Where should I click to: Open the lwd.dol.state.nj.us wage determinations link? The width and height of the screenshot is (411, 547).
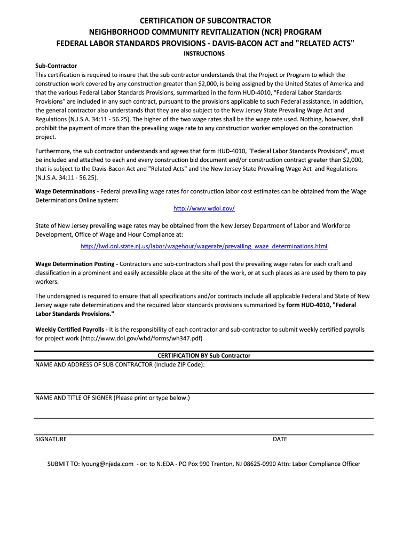[204, 246]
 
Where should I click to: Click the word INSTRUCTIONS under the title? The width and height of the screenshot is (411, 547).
[204, 54]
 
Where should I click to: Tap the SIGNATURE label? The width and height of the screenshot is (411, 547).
[51, 439]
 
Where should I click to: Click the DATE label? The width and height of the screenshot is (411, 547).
[280, 439]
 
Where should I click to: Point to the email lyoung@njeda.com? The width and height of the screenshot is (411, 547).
[107, 464]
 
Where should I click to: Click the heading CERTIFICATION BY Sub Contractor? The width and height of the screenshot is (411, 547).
[204, 356]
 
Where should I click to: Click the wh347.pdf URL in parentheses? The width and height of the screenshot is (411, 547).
[141, 339]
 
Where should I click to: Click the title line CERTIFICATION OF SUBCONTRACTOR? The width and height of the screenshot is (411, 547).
[205, 21]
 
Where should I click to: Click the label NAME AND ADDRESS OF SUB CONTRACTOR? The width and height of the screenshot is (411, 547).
[94, 365]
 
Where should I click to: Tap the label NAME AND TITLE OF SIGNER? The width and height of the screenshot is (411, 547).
[74, 397]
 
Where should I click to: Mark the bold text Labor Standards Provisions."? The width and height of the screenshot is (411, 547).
[74, 314]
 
